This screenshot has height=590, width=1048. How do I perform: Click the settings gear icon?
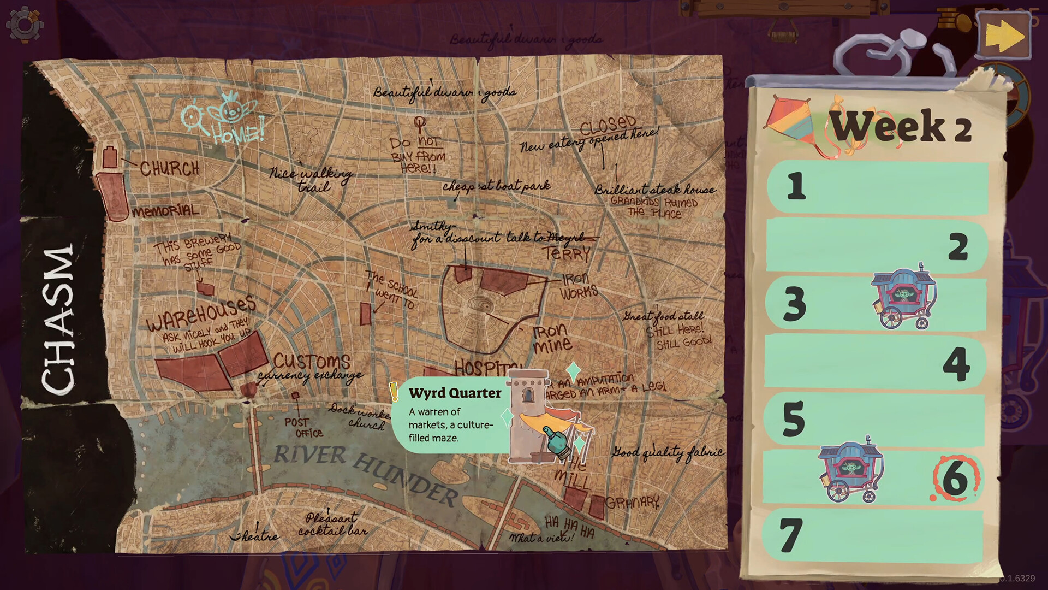[25, 25]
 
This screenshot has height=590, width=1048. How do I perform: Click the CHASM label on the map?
[57, 320]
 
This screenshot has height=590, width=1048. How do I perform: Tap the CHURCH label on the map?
[169, 168]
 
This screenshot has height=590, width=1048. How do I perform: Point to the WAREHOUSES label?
[201, 313]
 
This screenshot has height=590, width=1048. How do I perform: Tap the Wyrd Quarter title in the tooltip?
[455, 393]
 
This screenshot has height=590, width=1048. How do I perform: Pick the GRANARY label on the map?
[632, 502]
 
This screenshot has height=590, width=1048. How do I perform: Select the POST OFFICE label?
[303, 427]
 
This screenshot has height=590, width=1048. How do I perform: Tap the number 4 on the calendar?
[956, 363]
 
